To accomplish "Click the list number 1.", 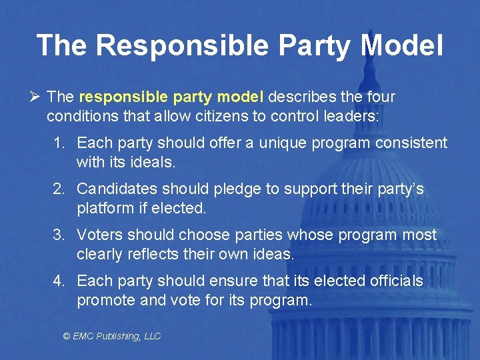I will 59,143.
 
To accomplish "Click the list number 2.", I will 59,189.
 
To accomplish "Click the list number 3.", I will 59,235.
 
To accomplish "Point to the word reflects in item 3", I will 151,254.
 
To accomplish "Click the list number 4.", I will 59,281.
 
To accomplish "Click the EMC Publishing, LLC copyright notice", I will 112,336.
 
